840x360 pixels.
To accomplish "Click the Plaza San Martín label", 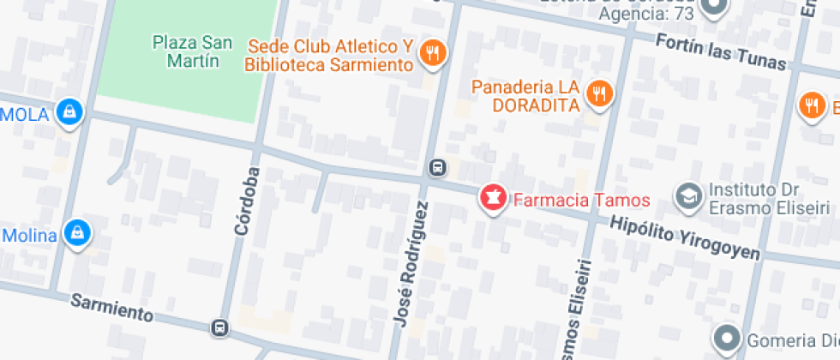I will pyautogui.click(x=185, y=51).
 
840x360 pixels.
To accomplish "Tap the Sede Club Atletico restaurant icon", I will pyautogui.click(x=433, y=54).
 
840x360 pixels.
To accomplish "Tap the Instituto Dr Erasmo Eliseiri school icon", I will pyautogui.click(x=687, y=196).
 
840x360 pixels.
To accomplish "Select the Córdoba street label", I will pyautogui.click(x=245, y=201).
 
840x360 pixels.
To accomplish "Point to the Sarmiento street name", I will pyautogui.click(x=111, y=308).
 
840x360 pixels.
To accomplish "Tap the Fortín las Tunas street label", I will pyautogui.click(x=720, y=51).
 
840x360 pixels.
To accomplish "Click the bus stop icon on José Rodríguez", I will pyautogui.click(x=437, y=167).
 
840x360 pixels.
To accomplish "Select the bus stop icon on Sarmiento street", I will pyautogui.click(x=220, y=327).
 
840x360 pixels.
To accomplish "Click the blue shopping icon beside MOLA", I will pyautogui.click(x=69, y=111).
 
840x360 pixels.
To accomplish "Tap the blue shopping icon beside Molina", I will pyautogui.click(x=78, y=232).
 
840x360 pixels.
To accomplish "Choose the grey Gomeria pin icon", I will pyautogui.click(x=728, y=336).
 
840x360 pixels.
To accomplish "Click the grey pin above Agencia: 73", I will pyautogui.click(x=713, y=7).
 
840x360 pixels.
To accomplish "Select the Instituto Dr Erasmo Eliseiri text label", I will pyautogui.click(x=768, y=199).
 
